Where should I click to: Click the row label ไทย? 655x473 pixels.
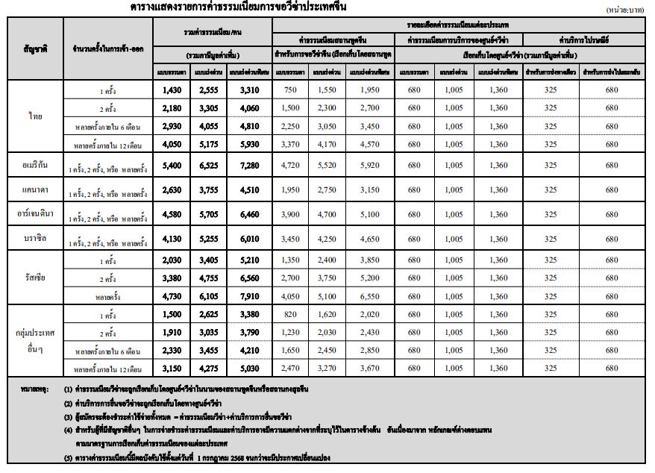pos(36,116)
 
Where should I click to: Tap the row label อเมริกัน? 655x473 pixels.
pos(36,165)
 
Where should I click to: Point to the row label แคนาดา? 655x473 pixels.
pos(36,189)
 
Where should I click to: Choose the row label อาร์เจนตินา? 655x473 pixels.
pos(36,214)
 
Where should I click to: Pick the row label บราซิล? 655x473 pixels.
pos(36,239)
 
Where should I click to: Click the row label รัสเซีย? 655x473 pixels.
pos(36,278)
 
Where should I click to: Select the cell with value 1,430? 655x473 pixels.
pos(172,90)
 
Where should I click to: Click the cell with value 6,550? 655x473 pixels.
pos(371,295)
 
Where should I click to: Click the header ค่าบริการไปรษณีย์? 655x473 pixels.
pos(586,40)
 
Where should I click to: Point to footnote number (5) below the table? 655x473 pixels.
pos(69,457)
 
